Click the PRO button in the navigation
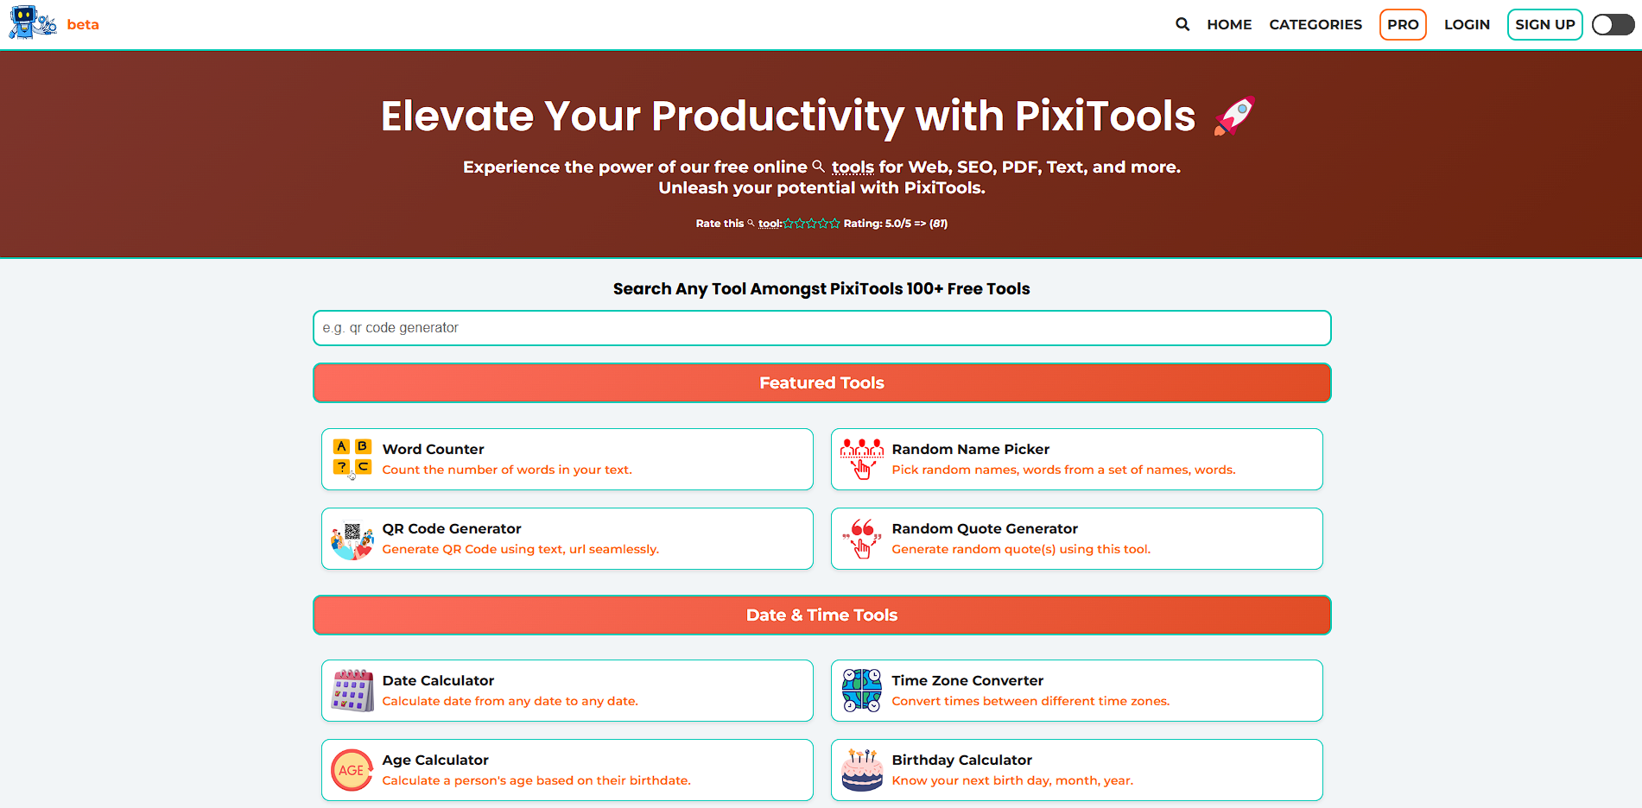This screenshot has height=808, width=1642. (x=1403, y=24)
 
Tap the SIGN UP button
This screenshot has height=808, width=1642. (x=1544, y=24)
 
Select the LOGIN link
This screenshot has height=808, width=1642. (x=1467, y=24)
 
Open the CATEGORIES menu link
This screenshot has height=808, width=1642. (x=1316, y=24)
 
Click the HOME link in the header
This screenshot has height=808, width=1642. (x=1229, y=24)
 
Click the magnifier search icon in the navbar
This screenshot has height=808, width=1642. (x=1182, y=24)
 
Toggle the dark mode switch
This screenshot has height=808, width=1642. (x=1613, y=24)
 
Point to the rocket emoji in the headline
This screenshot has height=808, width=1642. (x=1234, y=116)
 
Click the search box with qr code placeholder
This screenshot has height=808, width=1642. (x=821, y=328)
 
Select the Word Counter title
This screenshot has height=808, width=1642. (x=433, y=449)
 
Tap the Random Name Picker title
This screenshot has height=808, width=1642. (x=970, y=449)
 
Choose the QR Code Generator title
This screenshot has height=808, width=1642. (x=452, y=528)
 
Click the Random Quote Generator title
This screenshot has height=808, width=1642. (x=985, y=528)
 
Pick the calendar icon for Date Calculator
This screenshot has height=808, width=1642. (x=352, y=691)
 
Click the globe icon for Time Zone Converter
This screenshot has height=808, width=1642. (x=862, y=691)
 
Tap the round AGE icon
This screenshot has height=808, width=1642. (x=352, y=770)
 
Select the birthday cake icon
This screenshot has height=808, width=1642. (x=862, y=770)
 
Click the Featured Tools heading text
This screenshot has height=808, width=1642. (x=821, y=382)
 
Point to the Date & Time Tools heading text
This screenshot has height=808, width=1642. (x=821, y=615)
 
